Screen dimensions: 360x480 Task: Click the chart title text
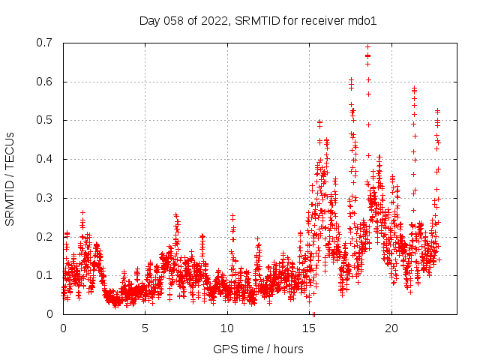(257, 20)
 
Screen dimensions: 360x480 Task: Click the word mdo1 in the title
(361, 20)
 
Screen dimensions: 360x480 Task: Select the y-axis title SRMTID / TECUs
(10, 178)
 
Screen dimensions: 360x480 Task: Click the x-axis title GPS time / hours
(257, 349)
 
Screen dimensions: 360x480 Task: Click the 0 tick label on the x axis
(63, 328)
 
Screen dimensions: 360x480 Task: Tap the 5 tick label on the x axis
(145, 328)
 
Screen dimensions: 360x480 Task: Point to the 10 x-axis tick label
(227, 328)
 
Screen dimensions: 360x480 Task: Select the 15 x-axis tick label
(309, 328)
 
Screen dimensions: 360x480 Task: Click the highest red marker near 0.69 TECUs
(367, 46)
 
